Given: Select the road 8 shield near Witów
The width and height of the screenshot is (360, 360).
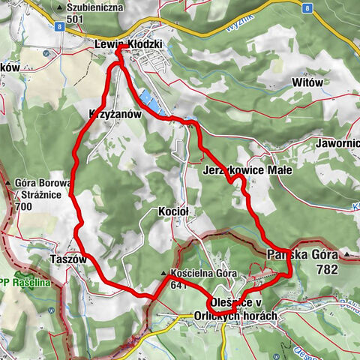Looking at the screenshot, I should (307, 7).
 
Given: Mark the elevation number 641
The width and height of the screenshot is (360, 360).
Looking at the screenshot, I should (179, 284).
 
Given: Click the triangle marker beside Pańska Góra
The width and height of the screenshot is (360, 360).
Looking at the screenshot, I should (347, 255).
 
